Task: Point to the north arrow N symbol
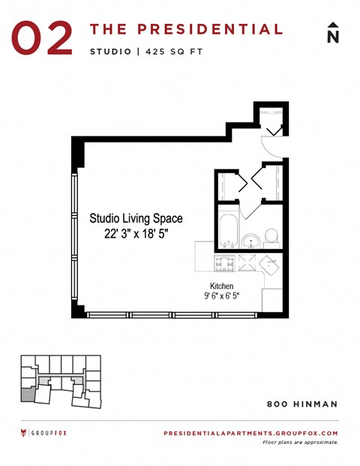click(333, 34)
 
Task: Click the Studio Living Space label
click(136, 218)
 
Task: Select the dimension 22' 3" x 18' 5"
click(136, 233)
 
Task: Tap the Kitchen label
click(221, 286)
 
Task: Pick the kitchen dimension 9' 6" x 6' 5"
click(221, 296)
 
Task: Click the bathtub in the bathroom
click(227, 229)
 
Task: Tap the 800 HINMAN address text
click(302, 404)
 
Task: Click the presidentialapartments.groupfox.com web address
click(250, 433)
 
